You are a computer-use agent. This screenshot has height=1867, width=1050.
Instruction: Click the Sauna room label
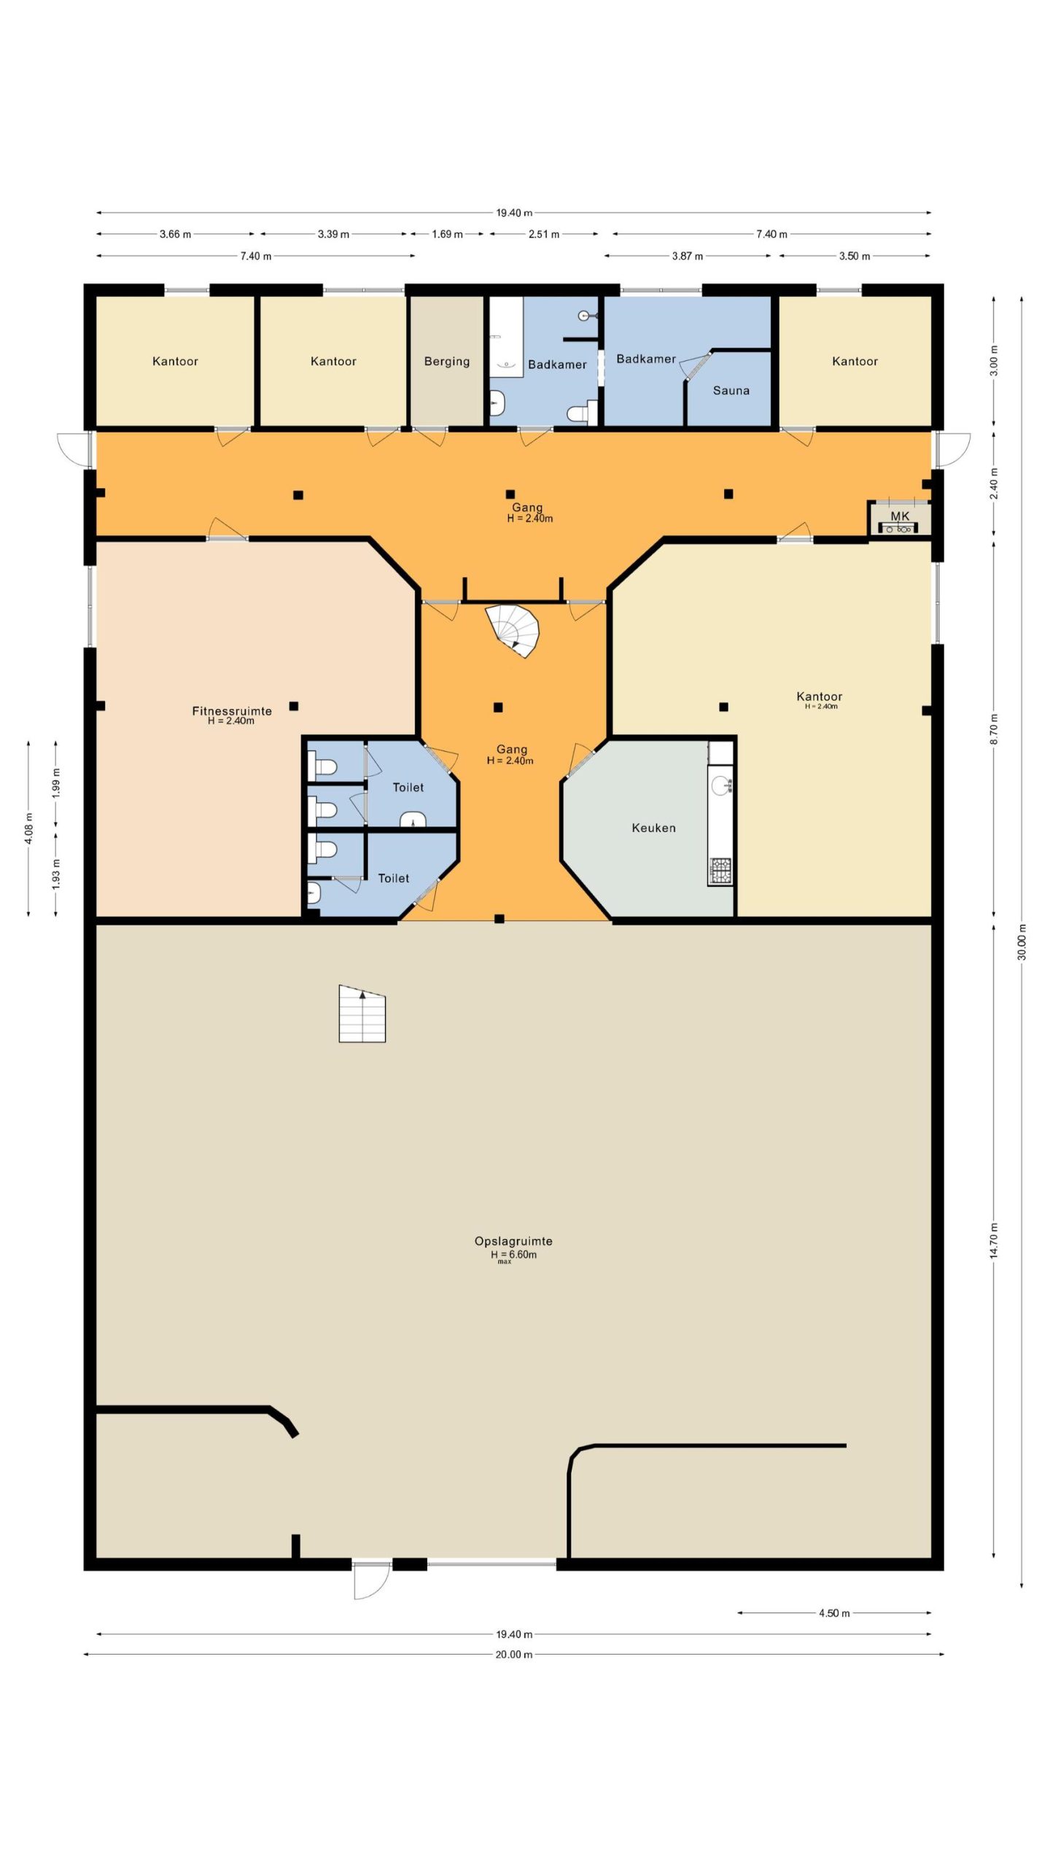coord(731,390)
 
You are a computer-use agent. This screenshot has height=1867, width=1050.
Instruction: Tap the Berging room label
coord(447,362)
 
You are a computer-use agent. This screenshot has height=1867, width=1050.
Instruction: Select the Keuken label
coord(653,828)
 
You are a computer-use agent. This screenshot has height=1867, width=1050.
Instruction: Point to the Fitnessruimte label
coord(232,710)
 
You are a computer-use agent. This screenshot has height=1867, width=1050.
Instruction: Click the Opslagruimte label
coord(513,1241)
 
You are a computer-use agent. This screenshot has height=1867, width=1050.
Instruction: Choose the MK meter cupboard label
coord(900,516)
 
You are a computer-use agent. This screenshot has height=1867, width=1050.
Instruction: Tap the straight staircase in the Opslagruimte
coord(362,1014)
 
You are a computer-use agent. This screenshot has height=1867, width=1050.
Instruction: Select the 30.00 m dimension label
coord(1022,942)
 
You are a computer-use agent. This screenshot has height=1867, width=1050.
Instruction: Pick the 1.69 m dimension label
coord(447,234)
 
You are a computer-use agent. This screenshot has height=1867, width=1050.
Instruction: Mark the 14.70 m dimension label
coord(995,1241)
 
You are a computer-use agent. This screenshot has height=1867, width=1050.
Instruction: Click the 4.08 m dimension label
coord(29,828)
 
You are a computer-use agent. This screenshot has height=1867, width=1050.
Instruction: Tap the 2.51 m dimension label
coord(544,234)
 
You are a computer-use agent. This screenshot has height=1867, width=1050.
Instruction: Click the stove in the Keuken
coord(720,869)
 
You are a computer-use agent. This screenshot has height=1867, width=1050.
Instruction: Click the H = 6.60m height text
coord(513,1254)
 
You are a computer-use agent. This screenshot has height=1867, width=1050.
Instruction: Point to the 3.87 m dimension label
coord(688,256)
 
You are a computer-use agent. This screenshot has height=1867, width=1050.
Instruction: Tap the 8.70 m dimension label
coord(995,729)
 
